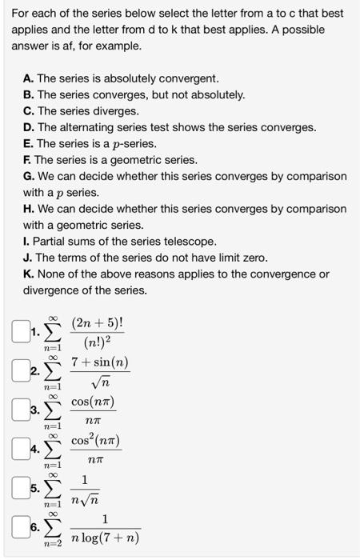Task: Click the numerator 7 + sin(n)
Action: pos(100,363)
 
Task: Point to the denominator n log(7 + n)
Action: pos(105,537)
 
